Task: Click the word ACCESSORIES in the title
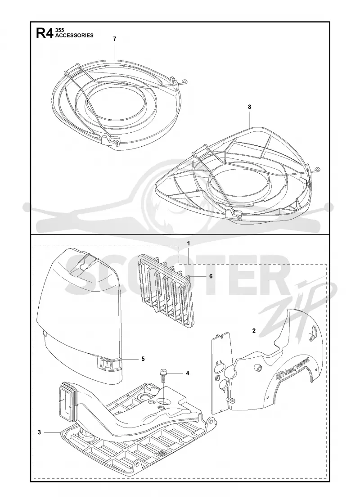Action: coord(75,36)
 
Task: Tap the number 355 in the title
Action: coord(60,30)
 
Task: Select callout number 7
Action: coord(115,39)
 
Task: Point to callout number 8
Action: coord(250,107)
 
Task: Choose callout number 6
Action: coord(211,276)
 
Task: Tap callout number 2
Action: coord(254,330)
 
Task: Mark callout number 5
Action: coord(143,359)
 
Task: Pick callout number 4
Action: coord(187,373)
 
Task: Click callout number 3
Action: coord(40,432)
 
